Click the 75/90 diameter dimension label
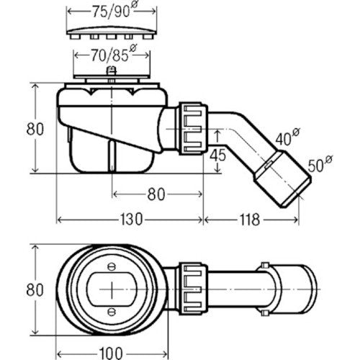[x=114, y=10]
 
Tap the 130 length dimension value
[x=131, y=220]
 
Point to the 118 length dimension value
[x=250, y=220]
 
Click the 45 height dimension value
[x=217, y=156]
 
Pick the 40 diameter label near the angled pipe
[x=287, y=137]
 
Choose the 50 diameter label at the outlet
[x=320, y=164]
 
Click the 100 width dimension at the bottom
[x=111, y=354]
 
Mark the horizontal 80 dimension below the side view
[x=156, y=194]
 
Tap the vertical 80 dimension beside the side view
[x=35, y=129]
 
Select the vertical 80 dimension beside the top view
[x=35, y=289]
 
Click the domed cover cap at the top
[x=112, y=32]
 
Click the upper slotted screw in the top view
[x=112, y=266]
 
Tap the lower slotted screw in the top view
[x=112, y=312]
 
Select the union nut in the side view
[x=194, y=128]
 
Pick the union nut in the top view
[x=194, y=289]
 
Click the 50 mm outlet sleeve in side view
[x=283, y=179]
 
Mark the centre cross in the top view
[x=112, y=289]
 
